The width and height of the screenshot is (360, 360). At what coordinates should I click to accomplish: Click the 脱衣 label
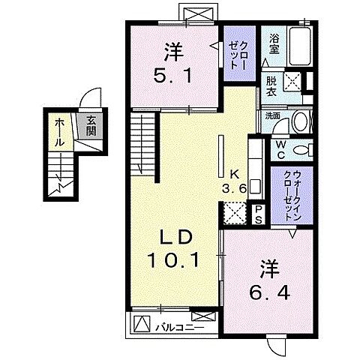[x=270, y=84]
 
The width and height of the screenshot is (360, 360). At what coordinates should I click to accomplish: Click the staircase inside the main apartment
[x=143, y=143]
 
